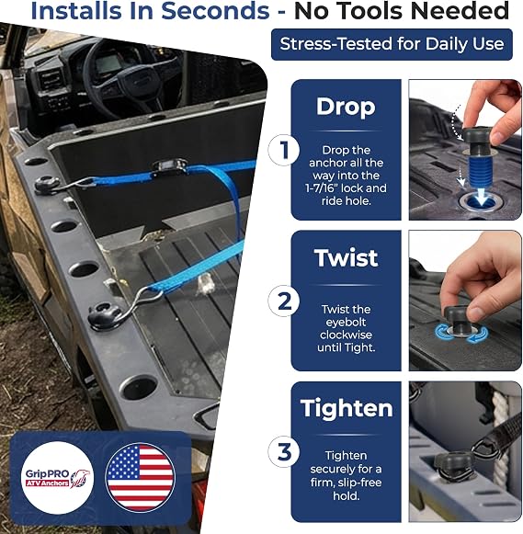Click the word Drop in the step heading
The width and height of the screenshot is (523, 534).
pyautogui.click(x=346, y=107)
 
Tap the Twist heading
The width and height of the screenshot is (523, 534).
pyautogui.click(x=346, y=257)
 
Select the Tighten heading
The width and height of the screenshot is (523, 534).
pyautogui.click(x=347, y=409)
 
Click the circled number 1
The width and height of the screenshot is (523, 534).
pyautogui.click(x=284, y=150)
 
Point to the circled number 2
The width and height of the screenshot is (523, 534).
pyautogui.click(x=284, y=301)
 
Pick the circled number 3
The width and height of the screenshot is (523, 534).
pyautogui.click(x=284, y=452)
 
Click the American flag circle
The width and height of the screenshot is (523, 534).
pyautogui.click(x=140, y=477)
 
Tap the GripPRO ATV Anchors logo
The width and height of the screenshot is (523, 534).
pyautogui.click(x=58, y=477)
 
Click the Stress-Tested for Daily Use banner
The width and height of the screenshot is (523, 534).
pyautogui.click(x=392, y=44)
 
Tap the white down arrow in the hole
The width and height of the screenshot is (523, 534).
pyautogui.click(x=481, y=196)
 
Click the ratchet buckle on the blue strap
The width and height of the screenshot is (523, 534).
pyautogui.click(x=169, y=165)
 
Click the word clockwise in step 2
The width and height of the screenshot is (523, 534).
pyautogui.click(x=346, y=335)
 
